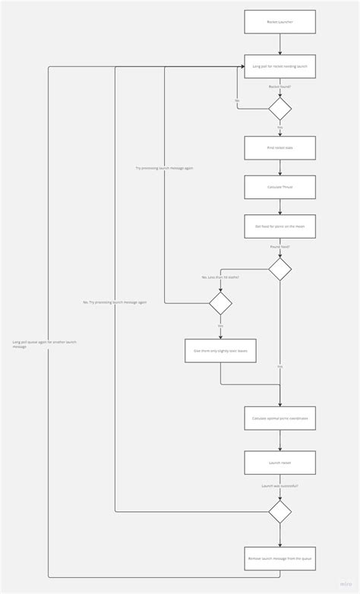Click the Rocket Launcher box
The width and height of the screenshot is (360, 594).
(x=279, y=22)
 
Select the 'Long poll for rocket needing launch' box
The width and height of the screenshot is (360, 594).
(x=279, y=66)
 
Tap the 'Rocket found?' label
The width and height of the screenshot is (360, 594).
(x=279, y=87)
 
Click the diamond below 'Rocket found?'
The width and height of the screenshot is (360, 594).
(x=279, y=109)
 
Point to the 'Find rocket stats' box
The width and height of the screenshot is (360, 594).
(x=279, y=147)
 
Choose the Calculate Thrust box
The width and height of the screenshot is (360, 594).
(x=279, y=187)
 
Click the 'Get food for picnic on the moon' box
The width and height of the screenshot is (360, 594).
(x=279, y=226)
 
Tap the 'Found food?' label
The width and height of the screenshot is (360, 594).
(x=279, y=247)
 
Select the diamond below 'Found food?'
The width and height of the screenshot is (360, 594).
(x=279, y=269)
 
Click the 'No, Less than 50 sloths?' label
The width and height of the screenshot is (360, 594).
(x=220, y=277)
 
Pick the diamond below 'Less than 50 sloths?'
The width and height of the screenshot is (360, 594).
(x=220, y=304)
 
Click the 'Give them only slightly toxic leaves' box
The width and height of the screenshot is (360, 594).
(x=220, y=350)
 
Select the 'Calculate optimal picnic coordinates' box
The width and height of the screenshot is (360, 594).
(x=279, y=418)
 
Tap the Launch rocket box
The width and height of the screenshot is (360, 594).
(x=279, y=463)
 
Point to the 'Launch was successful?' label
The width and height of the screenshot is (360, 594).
(x=279, y=485)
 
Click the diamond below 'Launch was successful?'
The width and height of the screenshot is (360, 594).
(x=279, y=511)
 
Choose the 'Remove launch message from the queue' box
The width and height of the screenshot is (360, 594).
(x=279, y=558)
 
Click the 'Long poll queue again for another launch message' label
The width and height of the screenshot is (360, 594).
(x=44, y=344)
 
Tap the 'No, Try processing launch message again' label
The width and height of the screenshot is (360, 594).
(x=115, y=302)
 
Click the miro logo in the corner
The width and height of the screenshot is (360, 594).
(x=346, y=584)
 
